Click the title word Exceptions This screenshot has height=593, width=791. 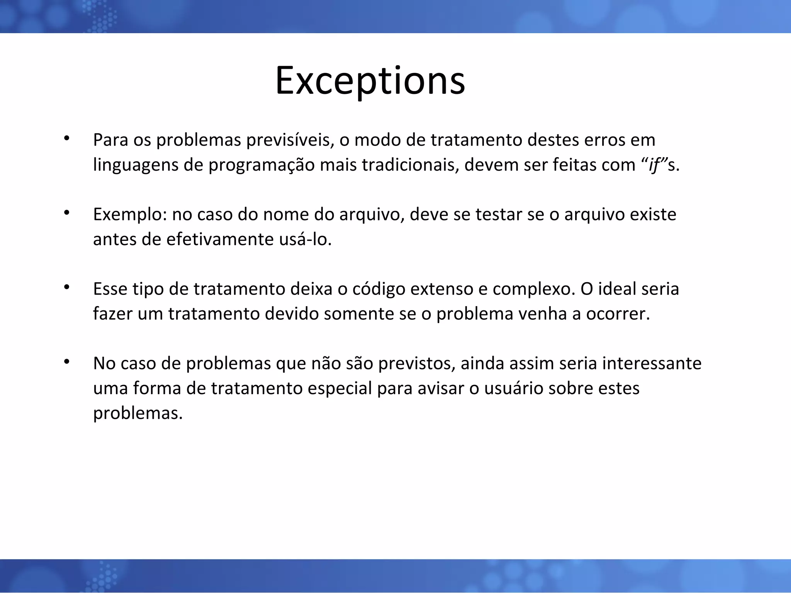(x=370, y=80)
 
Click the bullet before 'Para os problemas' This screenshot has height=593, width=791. (x=66, y=138)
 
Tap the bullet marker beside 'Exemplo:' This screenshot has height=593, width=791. (x=66, y=212)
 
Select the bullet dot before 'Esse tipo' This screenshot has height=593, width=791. (x=66, y=287)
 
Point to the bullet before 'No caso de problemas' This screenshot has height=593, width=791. (x=66, y=361)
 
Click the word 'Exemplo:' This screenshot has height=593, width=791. (x=130, y=215)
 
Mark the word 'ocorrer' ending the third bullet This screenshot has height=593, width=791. (x=618, y=314)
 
